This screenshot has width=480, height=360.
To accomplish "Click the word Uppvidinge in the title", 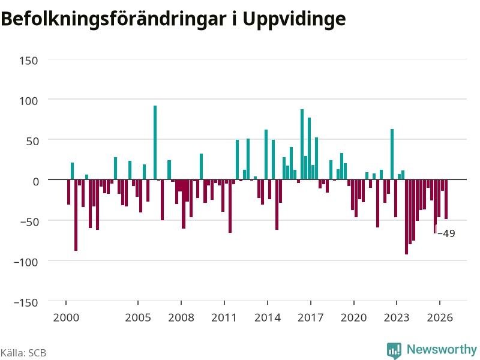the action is coord(294,20).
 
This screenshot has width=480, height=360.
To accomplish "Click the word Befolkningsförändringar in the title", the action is coord(113,19).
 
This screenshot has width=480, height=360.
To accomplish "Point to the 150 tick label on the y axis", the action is coord(28,61).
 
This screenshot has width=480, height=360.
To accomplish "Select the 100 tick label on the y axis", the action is coord(28,101).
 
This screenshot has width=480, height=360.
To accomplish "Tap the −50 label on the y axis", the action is coord(29,221).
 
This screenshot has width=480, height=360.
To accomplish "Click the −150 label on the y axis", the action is coord(26,302).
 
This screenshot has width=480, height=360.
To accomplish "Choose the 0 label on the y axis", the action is coord(36,182).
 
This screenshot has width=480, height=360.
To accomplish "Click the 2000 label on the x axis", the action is coord(66,317).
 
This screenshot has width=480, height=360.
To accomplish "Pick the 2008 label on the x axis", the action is coord(181,317).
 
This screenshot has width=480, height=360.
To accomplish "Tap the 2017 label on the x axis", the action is coord(310,317).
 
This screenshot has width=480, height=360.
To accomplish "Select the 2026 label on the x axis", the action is coord(440,317).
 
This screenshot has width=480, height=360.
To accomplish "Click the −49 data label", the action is coord(446,233).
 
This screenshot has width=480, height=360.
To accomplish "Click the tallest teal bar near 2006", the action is coord(155,142).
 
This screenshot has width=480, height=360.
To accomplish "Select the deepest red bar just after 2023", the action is coord(407,217).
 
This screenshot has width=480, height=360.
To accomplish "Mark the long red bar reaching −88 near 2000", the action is coord(76,215).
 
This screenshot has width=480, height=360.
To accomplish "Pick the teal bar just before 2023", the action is coord(392,154).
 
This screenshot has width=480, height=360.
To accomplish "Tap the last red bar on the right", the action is coord(446,199).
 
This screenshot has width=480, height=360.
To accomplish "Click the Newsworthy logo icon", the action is coord(394,350).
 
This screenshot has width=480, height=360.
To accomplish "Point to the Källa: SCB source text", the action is coord(23,353).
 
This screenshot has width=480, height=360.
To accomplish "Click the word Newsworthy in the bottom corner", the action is coord(442,349).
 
